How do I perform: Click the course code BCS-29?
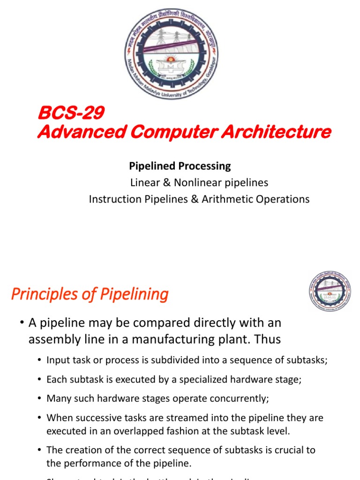pyautogui.click(x=70, y=113)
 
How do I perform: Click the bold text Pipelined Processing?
pyautogui.click(x=180, y=166)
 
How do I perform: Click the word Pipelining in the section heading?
pyautogui.click(x=135, y=294)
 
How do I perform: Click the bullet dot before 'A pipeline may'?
pyautogui.click(x=22, y=323)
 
